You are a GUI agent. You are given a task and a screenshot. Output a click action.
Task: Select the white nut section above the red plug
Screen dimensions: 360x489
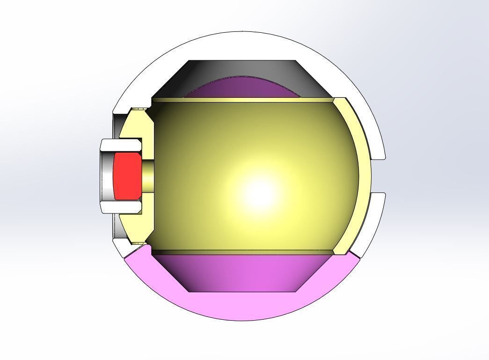[x=121, y=145]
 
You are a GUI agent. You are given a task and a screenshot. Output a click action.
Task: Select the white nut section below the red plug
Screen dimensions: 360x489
[x=121, y=206]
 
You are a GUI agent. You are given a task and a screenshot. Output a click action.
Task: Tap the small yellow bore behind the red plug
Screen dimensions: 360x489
[x=147, y=176]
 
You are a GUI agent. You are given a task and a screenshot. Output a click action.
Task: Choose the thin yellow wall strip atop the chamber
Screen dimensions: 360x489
[x=243, y=100]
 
